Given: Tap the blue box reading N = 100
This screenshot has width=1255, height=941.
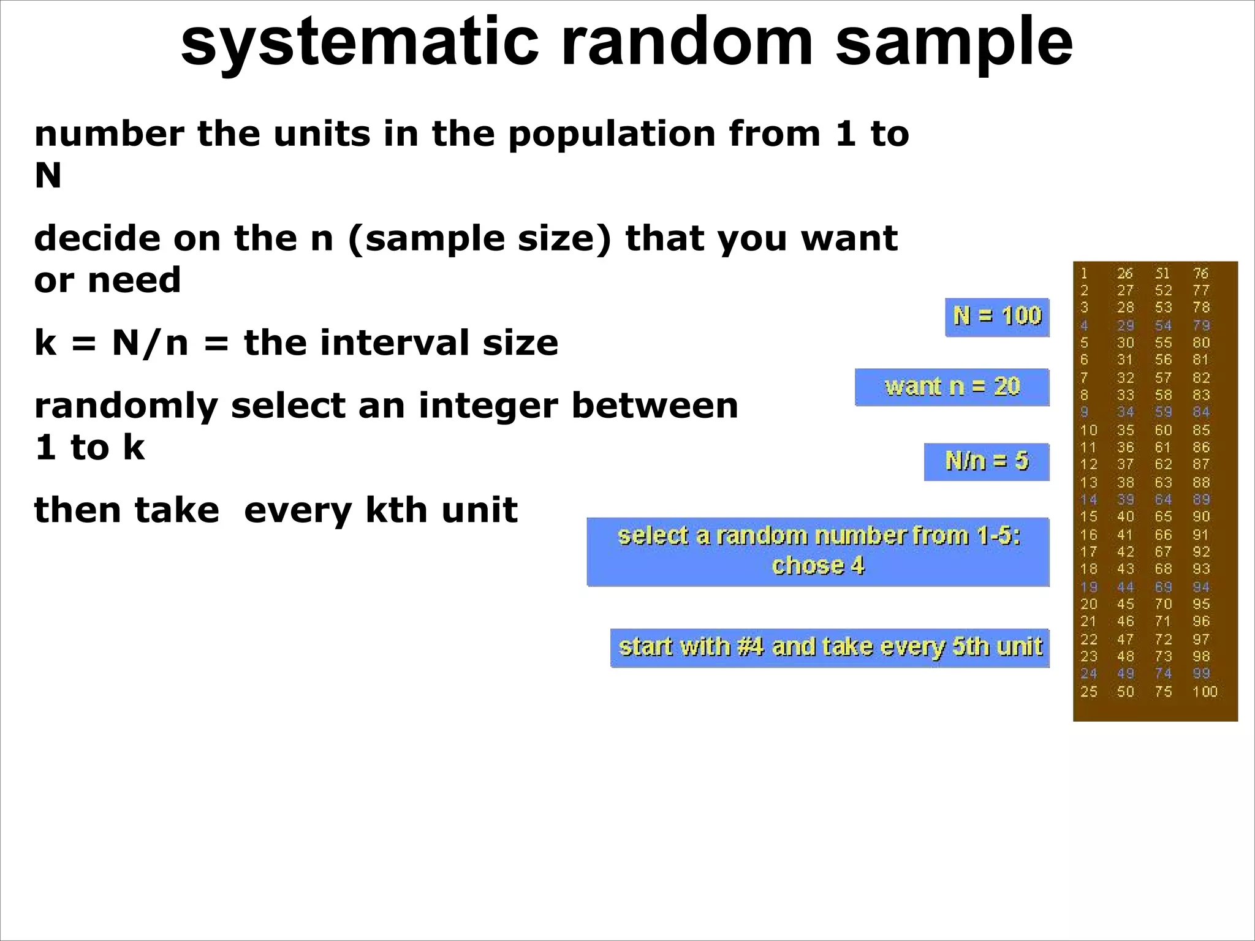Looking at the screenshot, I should [x=997, y=317].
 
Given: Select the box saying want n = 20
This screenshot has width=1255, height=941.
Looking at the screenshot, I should [x=952, y=387].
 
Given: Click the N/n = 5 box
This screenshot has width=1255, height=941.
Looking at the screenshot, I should [x=987, y=461].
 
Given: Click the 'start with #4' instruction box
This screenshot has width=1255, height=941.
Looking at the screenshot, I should [x=830, y=648].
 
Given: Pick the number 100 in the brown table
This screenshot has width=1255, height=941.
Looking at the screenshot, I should [x=1204, y=692].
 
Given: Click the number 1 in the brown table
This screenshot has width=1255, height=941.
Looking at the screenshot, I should [x=1084, y=273].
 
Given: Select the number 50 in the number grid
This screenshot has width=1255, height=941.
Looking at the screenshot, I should [x=1125, y=692].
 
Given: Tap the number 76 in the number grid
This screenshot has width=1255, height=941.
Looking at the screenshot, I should [x=1200, y=273].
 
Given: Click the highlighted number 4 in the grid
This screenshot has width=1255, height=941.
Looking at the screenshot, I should [x=1084, y=325].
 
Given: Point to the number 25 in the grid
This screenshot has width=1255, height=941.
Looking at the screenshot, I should [x=1088, y=692].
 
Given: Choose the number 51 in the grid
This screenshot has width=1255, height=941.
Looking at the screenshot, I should [x=1162, y=273].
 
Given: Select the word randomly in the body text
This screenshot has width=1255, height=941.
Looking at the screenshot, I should [x=126, y=407].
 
